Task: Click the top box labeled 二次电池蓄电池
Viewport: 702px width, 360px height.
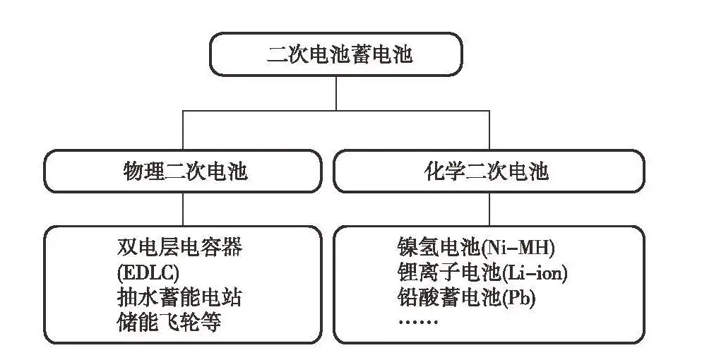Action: tap(336, 54)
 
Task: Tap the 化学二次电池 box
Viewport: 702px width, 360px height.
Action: tap(488, 171)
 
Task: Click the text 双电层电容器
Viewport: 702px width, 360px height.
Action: tap(179, 247)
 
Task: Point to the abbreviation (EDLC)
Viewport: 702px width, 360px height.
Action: tap(145, 272)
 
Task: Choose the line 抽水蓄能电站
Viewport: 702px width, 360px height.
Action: tap(179, 296)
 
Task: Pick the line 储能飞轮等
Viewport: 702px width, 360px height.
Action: tap(169, 322)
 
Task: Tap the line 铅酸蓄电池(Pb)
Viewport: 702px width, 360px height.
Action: tap(467, 297)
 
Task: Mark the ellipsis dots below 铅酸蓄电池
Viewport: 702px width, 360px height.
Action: tap(418, 322)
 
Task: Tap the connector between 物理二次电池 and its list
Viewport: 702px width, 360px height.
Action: tap(184, 209)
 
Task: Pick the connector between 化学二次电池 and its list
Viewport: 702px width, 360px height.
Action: tap(489, 209)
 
